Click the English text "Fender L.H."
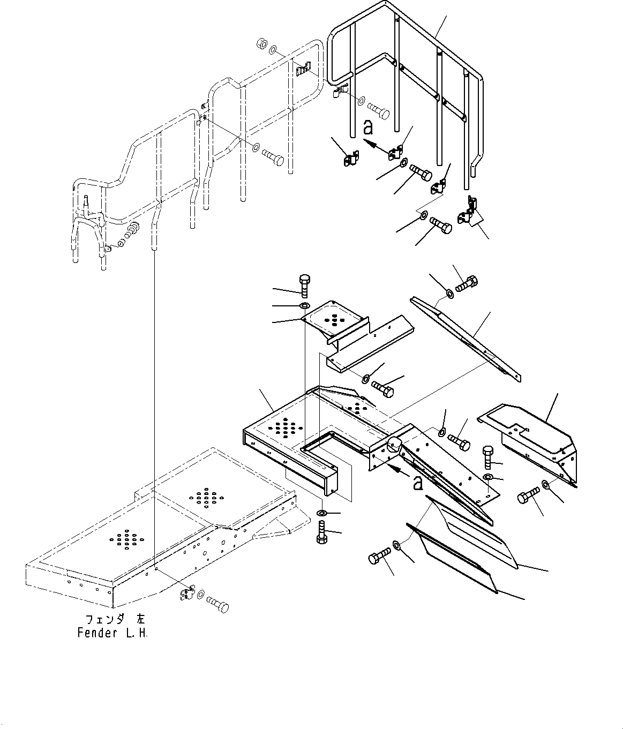tap(112, 633)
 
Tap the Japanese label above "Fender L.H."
tap(112, 619)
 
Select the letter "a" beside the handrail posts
tap(367, 127)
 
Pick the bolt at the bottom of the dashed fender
tap(216, 603)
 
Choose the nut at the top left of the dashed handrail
tap(262, 43)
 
